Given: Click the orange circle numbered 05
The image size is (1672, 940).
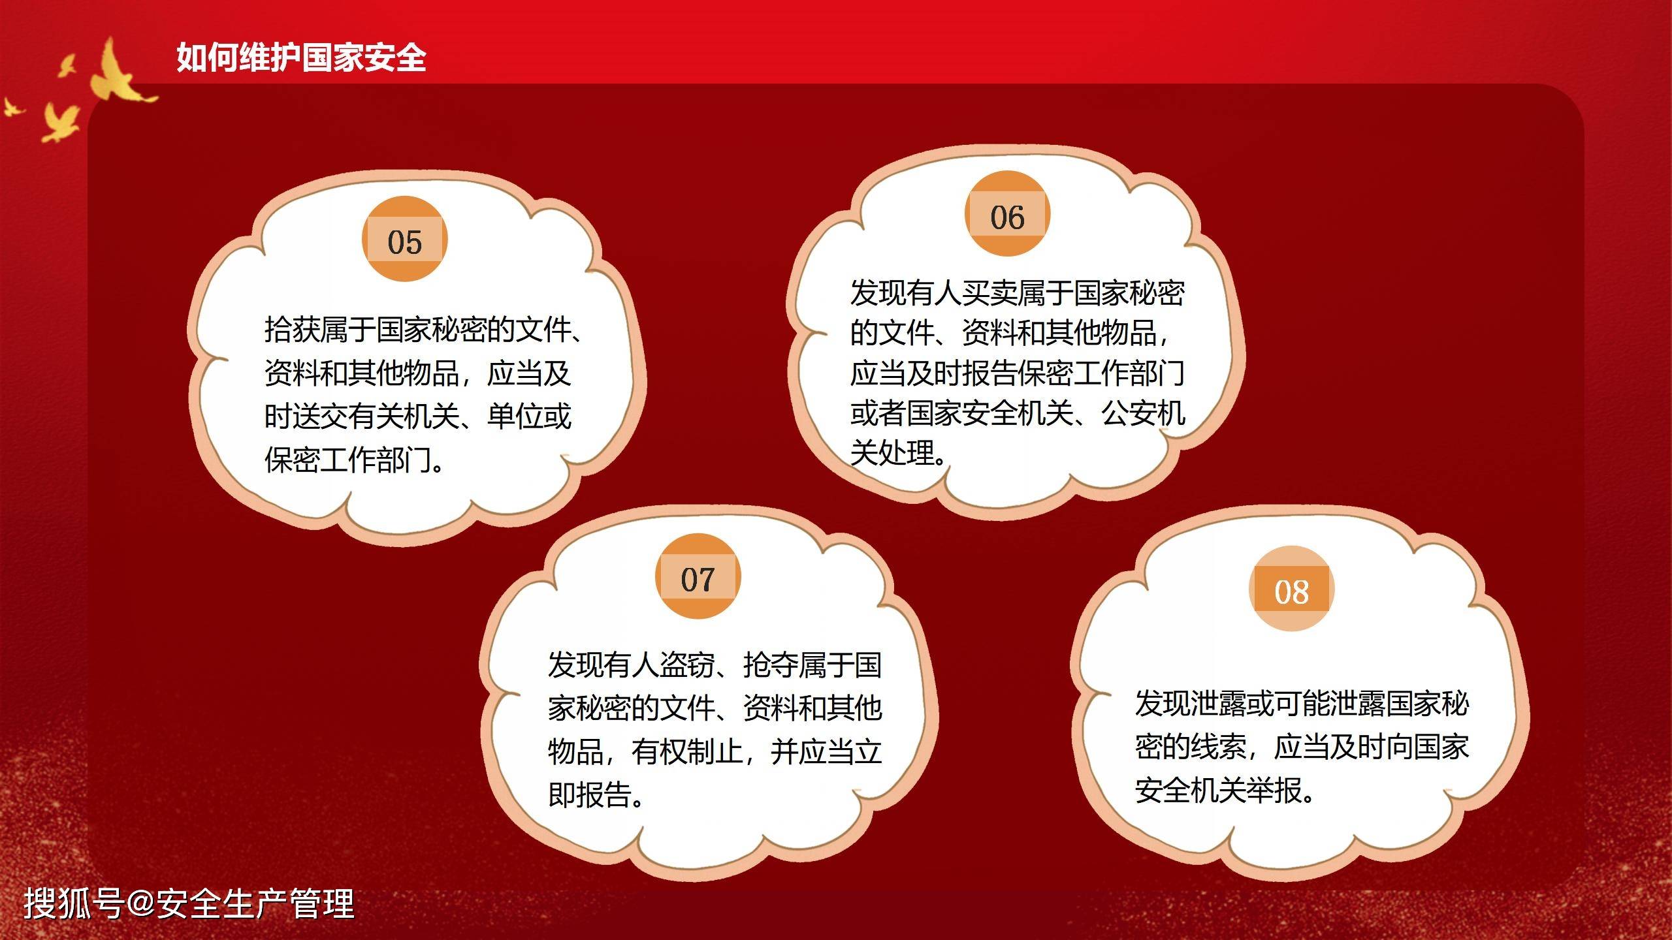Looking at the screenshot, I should coord(405,240).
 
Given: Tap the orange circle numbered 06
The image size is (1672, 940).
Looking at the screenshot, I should coord(1007,215).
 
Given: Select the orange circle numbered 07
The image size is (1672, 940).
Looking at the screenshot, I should coord(698,577).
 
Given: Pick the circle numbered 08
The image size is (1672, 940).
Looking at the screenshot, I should coord(1291,589).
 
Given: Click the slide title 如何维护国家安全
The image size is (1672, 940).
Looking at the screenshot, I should coord(301,57).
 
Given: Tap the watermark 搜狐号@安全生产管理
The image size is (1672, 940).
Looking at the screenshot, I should coord(189,904).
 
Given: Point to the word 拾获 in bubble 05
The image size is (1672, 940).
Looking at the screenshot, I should coord(292,330).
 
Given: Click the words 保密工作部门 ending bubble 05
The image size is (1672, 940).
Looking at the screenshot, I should coord(349,460).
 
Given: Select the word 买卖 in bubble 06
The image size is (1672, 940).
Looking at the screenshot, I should coord(989,293).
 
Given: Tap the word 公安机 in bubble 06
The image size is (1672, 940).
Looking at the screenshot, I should coord(1144,413).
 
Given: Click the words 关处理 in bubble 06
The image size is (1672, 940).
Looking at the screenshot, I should coord(892,453).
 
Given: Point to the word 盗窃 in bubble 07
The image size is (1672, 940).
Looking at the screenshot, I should coord(687,665).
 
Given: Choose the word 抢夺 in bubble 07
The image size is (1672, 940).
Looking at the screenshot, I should coord(771,665).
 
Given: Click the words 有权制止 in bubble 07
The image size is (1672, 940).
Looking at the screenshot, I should coord(687,751).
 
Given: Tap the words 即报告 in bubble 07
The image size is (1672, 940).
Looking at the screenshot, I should coord(590,794).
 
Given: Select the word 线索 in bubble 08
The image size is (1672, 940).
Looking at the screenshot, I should coord(1219,747).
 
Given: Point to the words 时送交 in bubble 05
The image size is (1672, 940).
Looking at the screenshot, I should coord(306,416).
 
